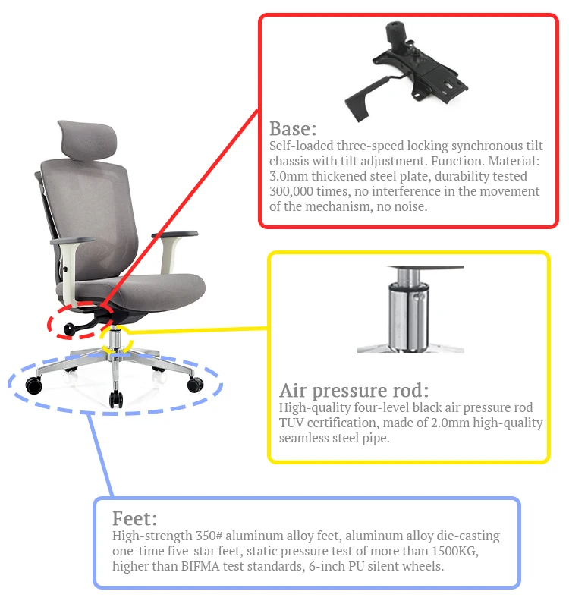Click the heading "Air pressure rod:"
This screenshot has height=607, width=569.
point(354,391)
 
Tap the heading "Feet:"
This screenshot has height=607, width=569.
point(134,519)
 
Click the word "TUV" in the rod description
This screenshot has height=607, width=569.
point(291,423)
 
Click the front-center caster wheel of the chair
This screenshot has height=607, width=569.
point(115,399)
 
